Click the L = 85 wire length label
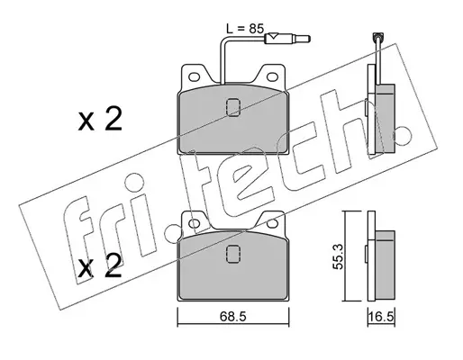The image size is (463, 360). pyautogui.click(x=245, y=29)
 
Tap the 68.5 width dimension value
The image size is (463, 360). pyautogui.click(x=233, y=316)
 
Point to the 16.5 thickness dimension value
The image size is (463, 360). pyautogui.click(x=381, y=317)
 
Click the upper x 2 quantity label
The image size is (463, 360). pyautogui.click(x=100, y=120)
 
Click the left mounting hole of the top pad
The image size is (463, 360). pyautogui.click(x=195, y=76)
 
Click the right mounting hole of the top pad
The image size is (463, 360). pyautogui.click(x=272, y=76)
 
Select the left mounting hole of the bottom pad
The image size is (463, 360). pyautogui.click(x=195, y=223)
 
